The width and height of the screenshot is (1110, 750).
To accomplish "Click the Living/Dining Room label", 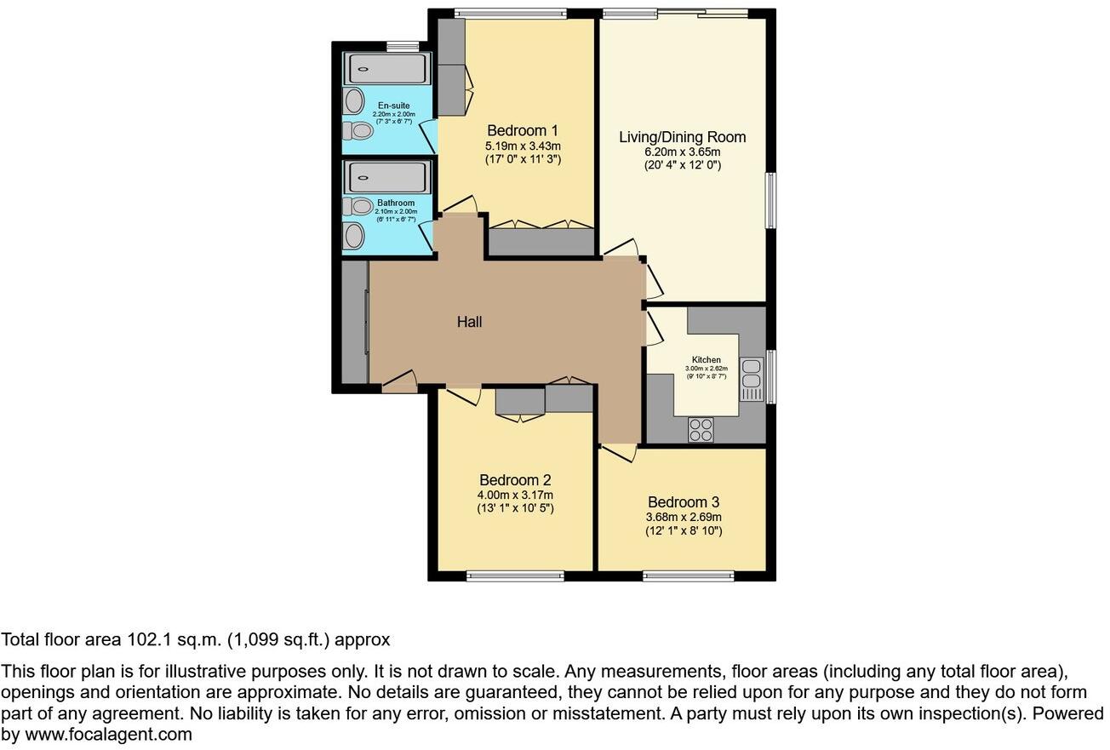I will (x=682, y=137).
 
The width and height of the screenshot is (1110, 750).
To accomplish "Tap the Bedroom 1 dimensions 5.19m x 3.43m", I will (x=523, y=146).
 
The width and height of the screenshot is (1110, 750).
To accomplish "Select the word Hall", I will (x=469, y=322).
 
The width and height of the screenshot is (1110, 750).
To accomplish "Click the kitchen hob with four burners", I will (x=701, y=430).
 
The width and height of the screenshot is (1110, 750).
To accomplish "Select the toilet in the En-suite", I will (x=360, y=131).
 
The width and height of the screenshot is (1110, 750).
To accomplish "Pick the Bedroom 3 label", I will (x=684, y=502).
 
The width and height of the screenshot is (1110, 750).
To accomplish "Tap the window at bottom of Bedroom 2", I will (x=515, y=576).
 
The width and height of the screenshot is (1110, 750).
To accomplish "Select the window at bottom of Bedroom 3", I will (x=688, y=576).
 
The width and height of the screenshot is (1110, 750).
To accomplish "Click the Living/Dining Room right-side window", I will (x=770, y=201).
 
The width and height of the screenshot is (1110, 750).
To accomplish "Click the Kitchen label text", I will (x=706, y=360).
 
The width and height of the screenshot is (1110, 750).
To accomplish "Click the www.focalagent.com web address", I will (x=107, y=734).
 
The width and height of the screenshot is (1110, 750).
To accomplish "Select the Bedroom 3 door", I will (x=619, y=452).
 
